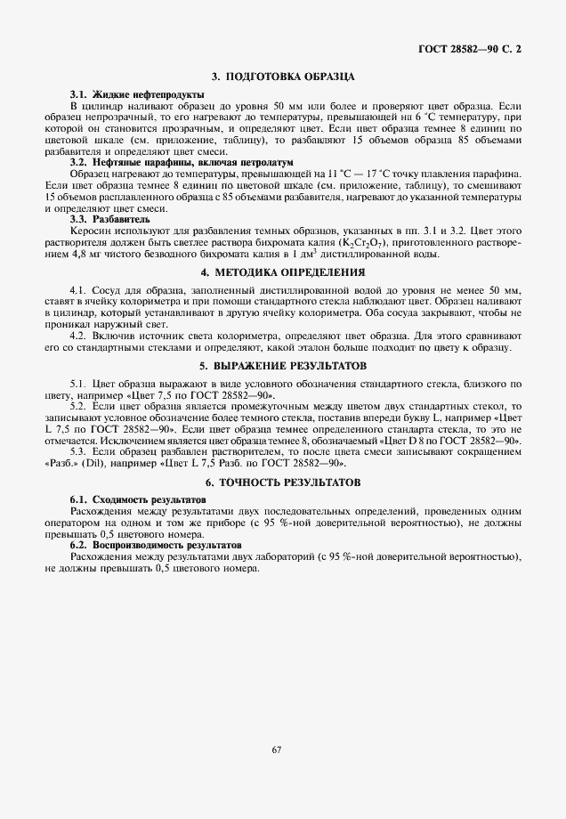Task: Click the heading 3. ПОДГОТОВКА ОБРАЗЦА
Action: tap(283, 77)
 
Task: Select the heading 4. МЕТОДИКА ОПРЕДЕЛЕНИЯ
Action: tap(283, 272)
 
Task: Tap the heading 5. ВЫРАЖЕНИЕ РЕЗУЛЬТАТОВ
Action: tap(283, 366)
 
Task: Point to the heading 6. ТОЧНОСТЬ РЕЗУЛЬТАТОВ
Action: tap(283, 482)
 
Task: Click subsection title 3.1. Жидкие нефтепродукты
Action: tap(137, 94)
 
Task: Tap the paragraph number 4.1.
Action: tap(79, 290)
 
